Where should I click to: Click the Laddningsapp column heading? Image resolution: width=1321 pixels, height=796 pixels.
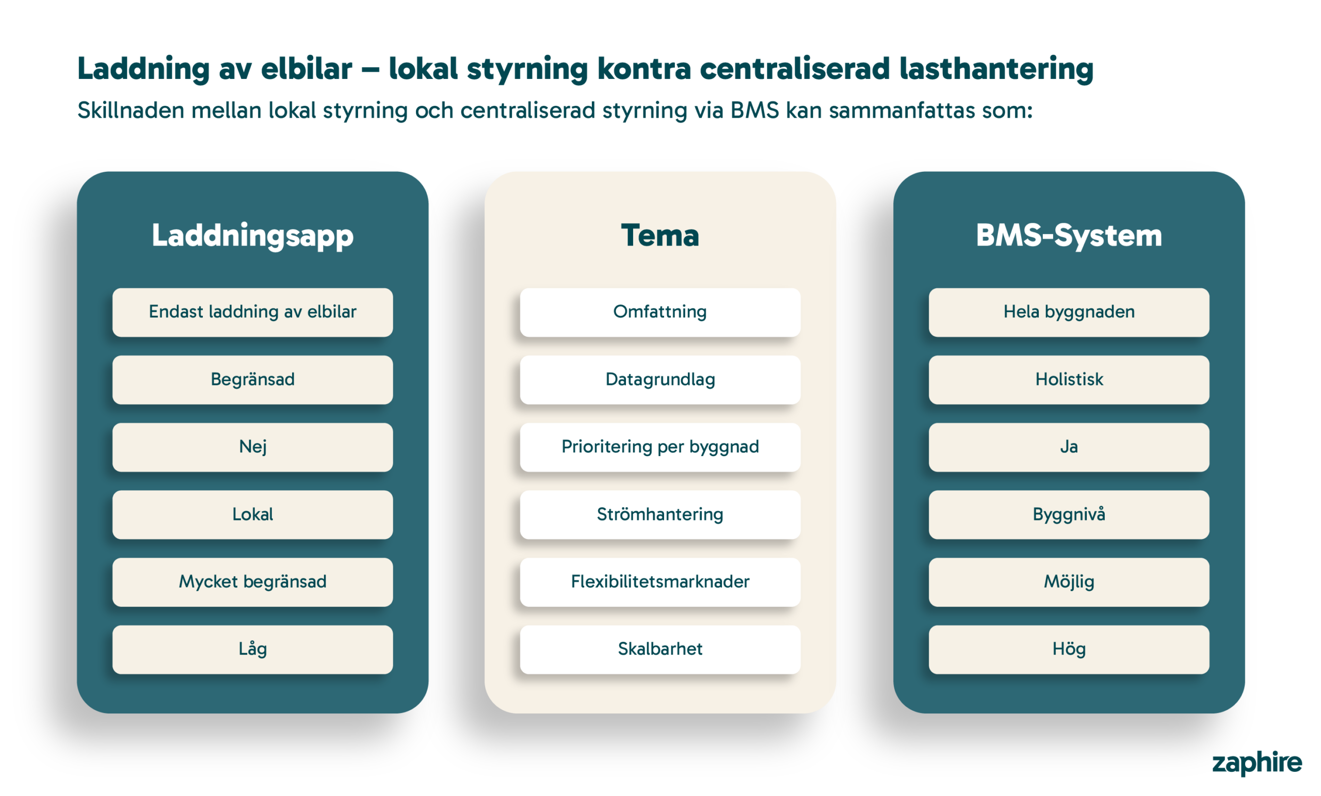tap(252, 236)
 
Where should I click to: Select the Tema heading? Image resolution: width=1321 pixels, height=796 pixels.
tap(660, 236)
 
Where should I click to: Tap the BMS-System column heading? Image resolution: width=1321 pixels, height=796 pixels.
tap(1069, 236)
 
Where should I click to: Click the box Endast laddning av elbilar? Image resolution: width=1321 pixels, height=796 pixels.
tap(252, 312)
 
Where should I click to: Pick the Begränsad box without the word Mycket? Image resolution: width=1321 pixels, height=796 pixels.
tap(252, 380)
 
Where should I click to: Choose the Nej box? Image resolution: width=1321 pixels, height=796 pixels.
tap(252, 447)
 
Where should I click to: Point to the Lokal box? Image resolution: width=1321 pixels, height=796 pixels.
tap(252, 514)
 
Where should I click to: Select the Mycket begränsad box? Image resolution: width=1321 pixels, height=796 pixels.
tap(252, 581)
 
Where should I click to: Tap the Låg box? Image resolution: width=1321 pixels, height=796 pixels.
tap(252, 649)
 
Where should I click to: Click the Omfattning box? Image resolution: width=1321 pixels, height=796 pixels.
tap(660, 312)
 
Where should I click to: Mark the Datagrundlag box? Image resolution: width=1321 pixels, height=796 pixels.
tap(660, 380)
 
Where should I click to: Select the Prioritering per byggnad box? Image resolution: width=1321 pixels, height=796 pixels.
tap(660, 447)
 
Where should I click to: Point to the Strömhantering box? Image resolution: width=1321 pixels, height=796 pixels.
tap(660, 514)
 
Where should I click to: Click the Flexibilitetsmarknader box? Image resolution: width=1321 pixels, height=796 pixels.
tap(660, 581)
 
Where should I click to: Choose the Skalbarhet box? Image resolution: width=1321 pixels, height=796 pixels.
tap(660, 649)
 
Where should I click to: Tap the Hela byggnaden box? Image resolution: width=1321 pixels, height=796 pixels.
tap(1069, 312)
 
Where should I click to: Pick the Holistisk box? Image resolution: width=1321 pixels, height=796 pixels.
tap(1069, 380)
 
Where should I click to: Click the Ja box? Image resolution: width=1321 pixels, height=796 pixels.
tap(1069, 447)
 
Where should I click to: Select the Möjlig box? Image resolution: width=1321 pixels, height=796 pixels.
tap(1069, 581)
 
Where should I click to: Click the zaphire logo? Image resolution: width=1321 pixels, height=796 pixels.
tap(1256, 763)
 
